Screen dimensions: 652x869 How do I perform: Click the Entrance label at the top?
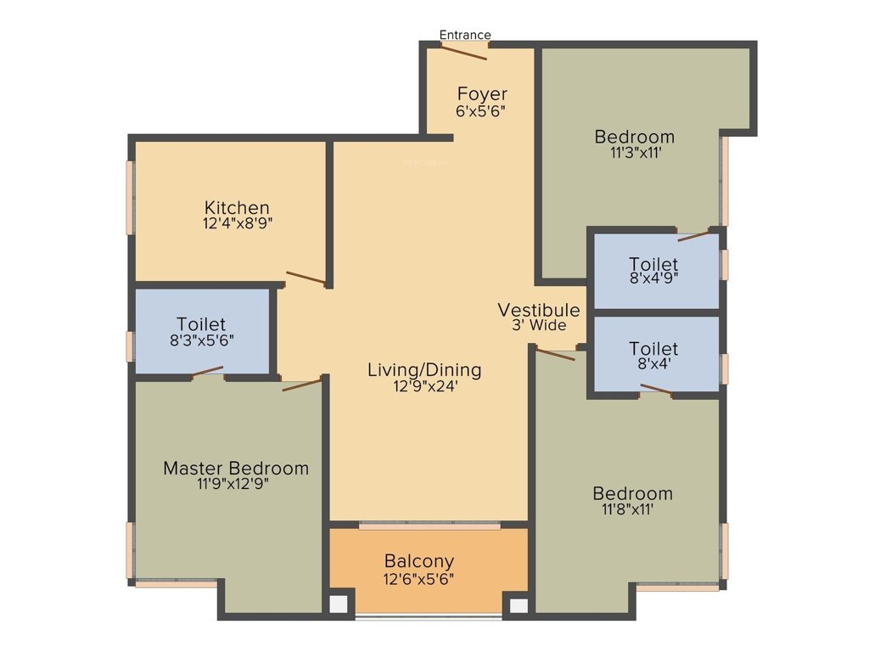[x=465, y=35]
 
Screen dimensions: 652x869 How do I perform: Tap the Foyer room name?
[x=482, y=93]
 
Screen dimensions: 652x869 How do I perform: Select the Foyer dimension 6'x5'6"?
[x=482, y=110]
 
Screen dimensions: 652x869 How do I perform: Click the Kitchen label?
[x=237, y=207]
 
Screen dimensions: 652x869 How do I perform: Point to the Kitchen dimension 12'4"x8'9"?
[x=237, y=223]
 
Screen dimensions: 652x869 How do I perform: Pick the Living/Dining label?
[x=424, y=370]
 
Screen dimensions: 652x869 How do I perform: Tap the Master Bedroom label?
[x=236, y=468]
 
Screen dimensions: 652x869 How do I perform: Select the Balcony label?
[x=419, y=561]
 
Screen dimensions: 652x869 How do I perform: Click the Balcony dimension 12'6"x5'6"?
[x=419, y=579]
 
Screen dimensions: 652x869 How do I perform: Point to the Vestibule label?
[x=539, y=310]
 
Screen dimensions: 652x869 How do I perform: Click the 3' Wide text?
[x=539, y=325]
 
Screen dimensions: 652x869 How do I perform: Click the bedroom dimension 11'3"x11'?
[x=635, y=153]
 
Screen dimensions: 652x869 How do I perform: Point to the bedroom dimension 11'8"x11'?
[x=632, y=509]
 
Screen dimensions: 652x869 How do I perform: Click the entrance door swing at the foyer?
[x=464, y=52]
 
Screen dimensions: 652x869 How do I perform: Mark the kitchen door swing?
[x=306, y=278]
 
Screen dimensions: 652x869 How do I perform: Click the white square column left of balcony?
[x=339, y=604]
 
